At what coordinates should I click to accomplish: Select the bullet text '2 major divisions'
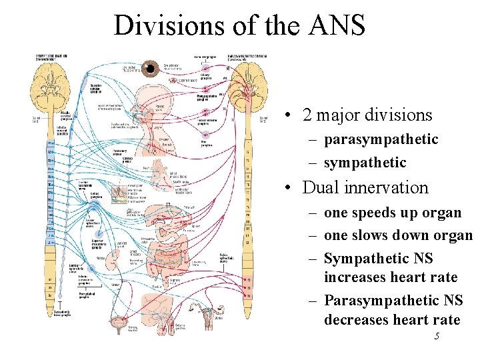tap(367, 115)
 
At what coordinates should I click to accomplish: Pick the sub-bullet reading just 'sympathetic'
tap(365, 163)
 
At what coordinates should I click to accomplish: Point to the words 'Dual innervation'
tap(365, 187)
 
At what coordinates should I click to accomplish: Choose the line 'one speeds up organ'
tap(392, 213)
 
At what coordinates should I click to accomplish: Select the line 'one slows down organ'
tap(398, 235)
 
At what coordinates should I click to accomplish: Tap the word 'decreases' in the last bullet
tap(359, 320)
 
